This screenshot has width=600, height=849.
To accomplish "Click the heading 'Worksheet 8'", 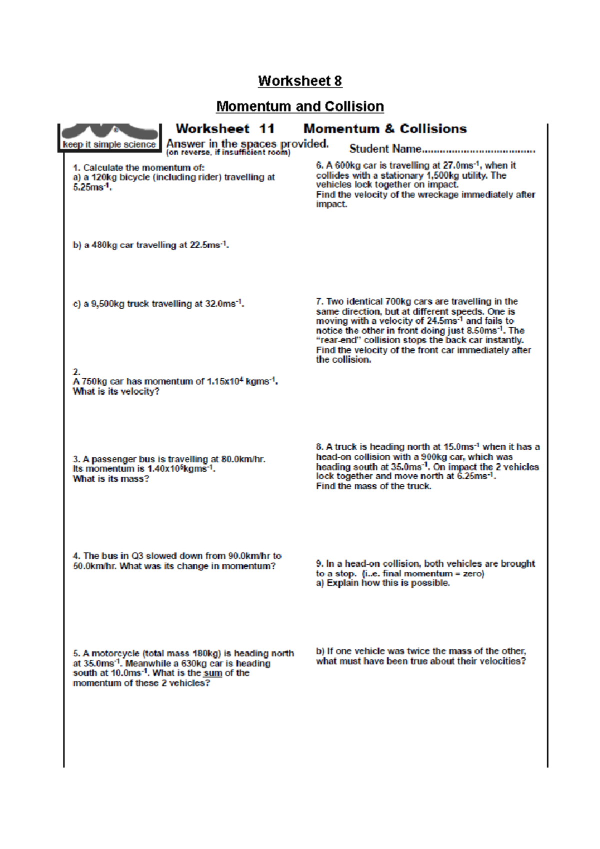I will [299, 81].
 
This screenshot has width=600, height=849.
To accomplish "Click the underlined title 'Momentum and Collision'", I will [299, 107].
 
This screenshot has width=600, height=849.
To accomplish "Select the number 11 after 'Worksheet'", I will [266, 129].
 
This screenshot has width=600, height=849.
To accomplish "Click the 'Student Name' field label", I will [385, 149].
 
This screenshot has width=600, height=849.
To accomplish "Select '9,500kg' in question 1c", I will [107, 304].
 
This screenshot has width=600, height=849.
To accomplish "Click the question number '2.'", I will [76, 372].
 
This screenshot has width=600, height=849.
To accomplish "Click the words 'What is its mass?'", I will [110, 479].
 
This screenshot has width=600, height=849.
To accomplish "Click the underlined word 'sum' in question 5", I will [212, 673].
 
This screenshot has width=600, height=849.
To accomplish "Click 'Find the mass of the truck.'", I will [373, 486].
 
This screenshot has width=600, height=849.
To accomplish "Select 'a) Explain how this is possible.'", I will [382, 583].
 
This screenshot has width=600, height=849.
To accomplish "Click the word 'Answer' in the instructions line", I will [185, 144].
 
